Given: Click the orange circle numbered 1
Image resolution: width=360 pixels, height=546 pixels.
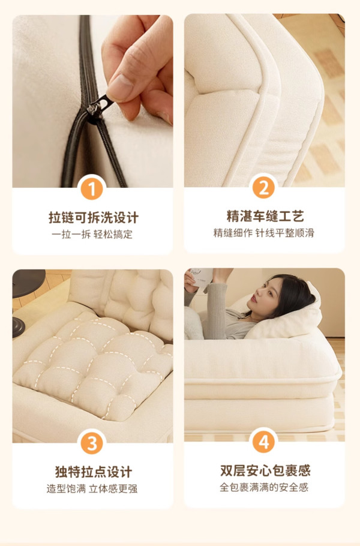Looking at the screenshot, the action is (92, 189).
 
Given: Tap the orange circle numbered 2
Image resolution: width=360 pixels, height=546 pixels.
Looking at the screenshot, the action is (263, 188).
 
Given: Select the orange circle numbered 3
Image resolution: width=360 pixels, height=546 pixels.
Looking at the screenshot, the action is (92, 443).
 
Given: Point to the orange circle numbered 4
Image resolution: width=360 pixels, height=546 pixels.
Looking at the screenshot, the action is (263, 442).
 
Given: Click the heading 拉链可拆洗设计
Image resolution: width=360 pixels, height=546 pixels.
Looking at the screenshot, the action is (94, 218).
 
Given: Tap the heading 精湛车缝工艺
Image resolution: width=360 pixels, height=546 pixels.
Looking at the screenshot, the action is (265, 216).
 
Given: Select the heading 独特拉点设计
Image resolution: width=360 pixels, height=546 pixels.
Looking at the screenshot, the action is (94, 472).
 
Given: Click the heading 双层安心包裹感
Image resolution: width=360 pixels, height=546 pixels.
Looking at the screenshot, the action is (265, 471).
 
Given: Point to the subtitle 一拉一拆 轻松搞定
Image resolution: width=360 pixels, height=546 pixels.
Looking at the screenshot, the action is (92, 235).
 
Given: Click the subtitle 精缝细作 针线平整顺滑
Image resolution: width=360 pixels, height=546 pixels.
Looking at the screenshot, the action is (263, 233).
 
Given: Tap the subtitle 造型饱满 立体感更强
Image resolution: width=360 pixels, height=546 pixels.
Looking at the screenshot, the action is (92, 489).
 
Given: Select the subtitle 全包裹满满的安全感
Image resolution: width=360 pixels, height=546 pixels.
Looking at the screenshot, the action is (263, 487).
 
